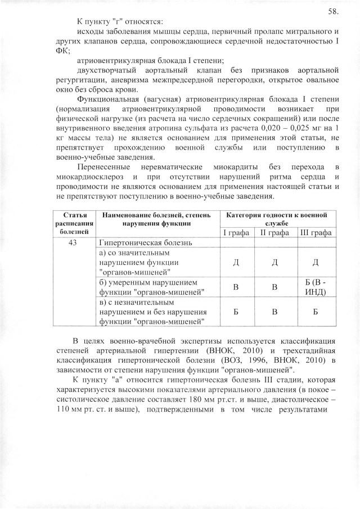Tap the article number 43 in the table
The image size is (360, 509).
[71, 243]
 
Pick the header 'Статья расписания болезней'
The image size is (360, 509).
[71, 223]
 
